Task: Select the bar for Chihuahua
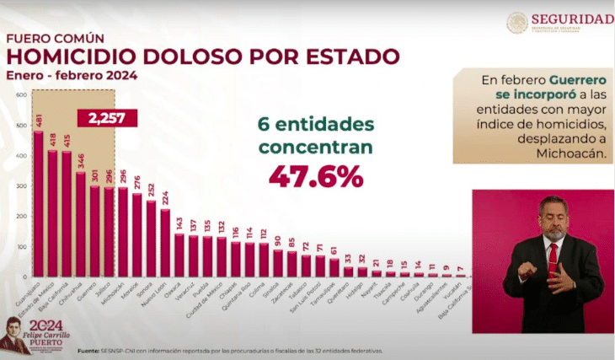click(81, 224)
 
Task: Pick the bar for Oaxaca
click(179, 255)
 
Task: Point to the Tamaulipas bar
click(334, 267)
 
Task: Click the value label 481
click(38, 121)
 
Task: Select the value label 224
click(165, 198)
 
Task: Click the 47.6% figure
click(315, 176)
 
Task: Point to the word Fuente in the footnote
click(89, 350)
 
